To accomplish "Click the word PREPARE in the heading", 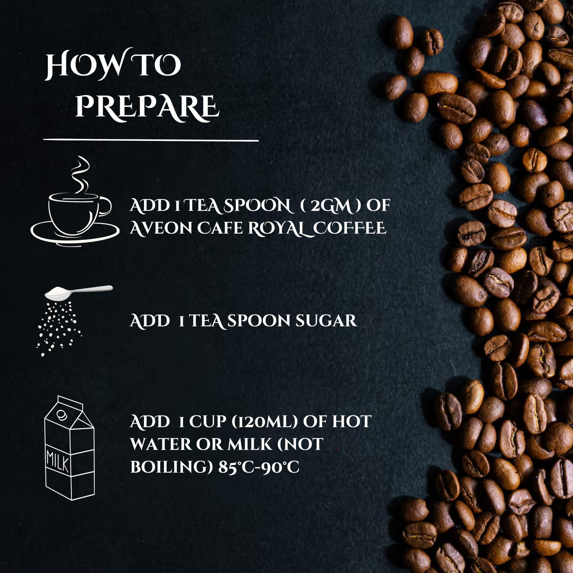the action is (148, 109).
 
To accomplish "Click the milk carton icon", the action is (70, 448).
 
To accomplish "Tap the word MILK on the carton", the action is (58, 463).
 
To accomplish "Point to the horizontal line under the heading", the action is (151, 140).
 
